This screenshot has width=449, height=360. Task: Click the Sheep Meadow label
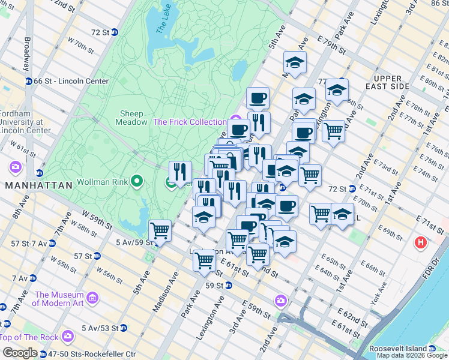click(131, 118)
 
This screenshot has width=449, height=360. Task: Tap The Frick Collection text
click(190, 122)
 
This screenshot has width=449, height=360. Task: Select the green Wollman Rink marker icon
click(137, 180)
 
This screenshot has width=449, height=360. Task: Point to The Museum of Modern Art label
click(60, 299)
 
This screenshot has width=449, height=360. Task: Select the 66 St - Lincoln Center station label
click(71, 82)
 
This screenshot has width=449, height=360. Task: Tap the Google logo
click(20, 353)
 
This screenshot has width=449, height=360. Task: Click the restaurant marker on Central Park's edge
click(180, 172)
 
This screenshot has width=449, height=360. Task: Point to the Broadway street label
click(27, 55)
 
